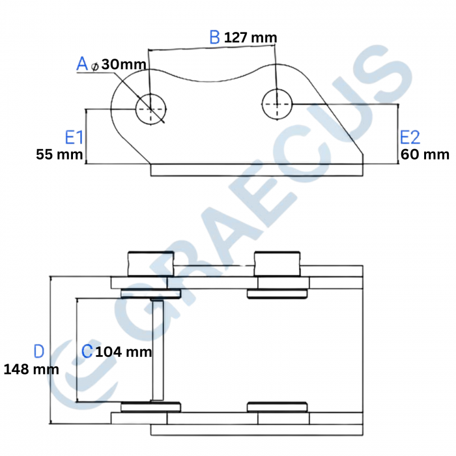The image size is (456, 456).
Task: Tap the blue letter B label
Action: [214, 37]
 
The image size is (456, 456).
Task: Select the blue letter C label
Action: [86, 352]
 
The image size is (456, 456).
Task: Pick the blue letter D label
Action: [38, 352]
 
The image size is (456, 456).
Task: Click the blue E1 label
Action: [74, 137]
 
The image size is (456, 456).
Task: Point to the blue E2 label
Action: [410, 137]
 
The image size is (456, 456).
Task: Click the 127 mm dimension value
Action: [250, 38]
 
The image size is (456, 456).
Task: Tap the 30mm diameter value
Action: [124, 64]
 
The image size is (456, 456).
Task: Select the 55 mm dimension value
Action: [59, 155]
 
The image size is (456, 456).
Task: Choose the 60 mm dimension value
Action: [425, 155]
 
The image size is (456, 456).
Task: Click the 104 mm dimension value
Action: [124, 352]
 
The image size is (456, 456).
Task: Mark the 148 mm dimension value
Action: [31, 369]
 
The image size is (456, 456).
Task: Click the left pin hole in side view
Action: [150, 109]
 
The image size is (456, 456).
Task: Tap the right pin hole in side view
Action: [278, 104]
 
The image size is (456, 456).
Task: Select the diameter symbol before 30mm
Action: [95, 65]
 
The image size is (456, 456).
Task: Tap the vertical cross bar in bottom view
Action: [157, 350]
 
